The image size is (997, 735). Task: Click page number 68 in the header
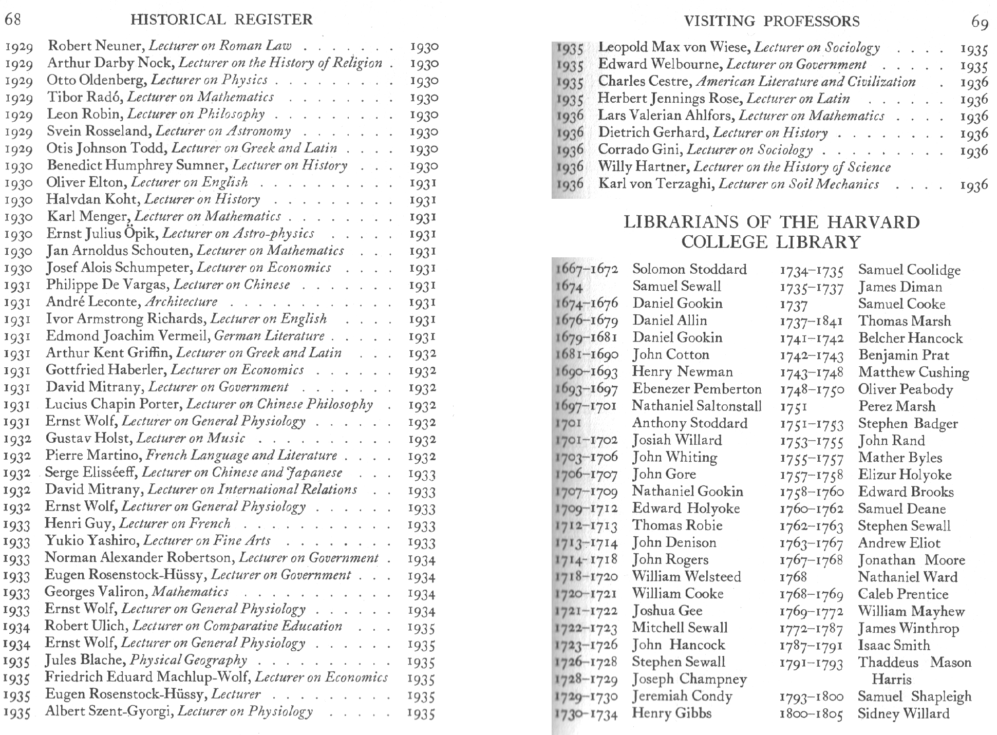click(x=13, y=20)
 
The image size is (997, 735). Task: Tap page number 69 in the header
click(x=980, y=22)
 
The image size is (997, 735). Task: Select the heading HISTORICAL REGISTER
click(x=221, y=20)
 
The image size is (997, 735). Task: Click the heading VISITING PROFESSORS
click(x=772, y=21)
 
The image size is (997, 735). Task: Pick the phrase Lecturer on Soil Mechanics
click(x=799, y=184)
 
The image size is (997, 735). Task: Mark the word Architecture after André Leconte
click(x=181, y=301)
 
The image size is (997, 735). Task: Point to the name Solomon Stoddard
click(x=689, y=269)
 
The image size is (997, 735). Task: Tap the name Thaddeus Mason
click(x=914, y=663)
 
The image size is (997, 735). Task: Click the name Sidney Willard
click(x=904, y=713)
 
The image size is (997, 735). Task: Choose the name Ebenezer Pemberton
click(x=697, y=389)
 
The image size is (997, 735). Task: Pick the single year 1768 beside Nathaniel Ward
click(x=793, y=577)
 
